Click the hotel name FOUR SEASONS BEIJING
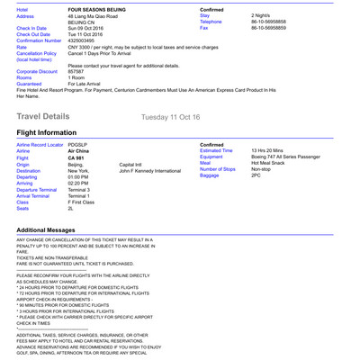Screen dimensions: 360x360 click(x=97, y=8)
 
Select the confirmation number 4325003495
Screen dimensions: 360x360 click(x=86, y=40)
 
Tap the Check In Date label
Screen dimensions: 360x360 click(x=31, y=28)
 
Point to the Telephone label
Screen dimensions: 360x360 click(x=212, y=22)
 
